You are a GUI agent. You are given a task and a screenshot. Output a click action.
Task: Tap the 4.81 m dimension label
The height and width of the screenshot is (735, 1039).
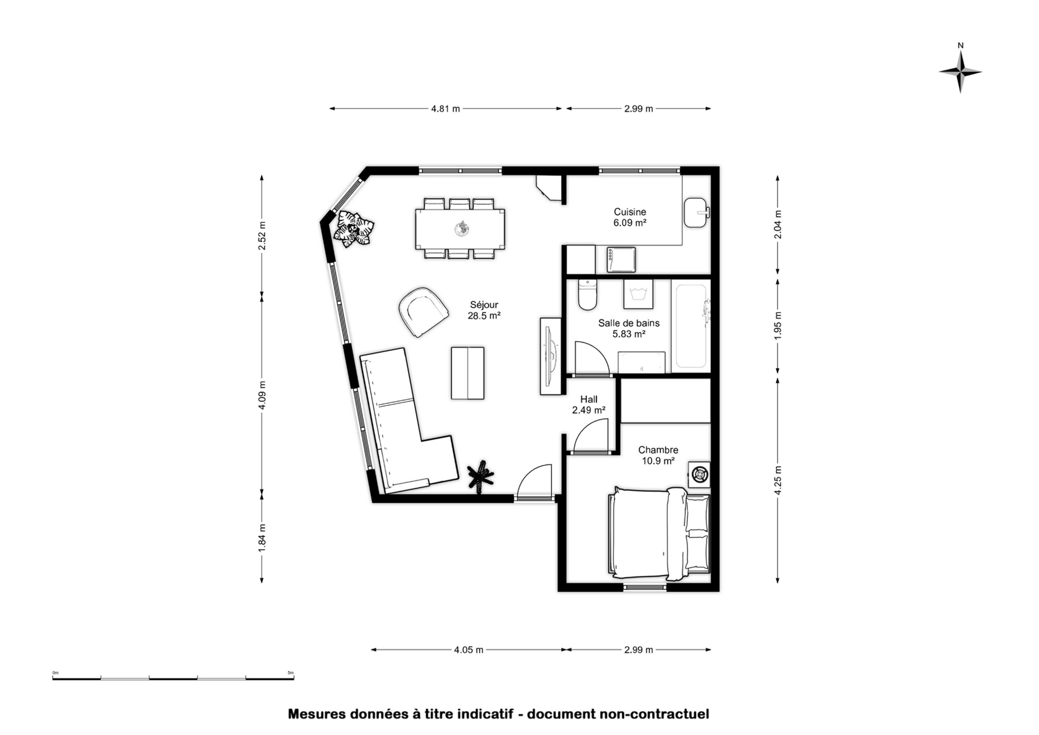point(445,109)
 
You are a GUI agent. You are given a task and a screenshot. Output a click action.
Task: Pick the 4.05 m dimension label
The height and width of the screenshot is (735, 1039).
point(469,650)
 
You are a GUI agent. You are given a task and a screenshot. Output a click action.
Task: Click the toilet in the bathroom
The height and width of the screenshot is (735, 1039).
point(588,295)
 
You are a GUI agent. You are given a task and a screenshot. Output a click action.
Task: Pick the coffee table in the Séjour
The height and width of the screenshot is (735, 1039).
point(468,373)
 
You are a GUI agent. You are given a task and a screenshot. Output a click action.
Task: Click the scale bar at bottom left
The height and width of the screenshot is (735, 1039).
point(173,679)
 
